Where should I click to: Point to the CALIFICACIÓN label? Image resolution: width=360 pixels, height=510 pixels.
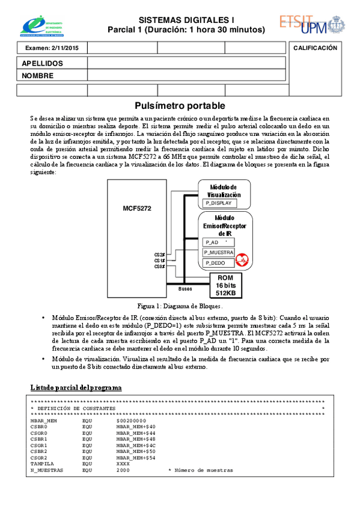tap(315, 48)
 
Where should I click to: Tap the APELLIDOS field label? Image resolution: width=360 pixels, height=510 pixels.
tap(42, 63)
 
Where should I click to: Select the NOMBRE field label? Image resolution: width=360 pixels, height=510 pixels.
tap(38, 76)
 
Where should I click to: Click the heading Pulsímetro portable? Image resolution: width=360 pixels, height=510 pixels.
tap(180, 105)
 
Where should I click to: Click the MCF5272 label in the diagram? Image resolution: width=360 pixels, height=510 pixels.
tap(137, 208)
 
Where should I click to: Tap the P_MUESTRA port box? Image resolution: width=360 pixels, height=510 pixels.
tap(219, 252)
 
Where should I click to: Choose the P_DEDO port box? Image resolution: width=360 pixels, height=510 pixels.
tap(215, 263)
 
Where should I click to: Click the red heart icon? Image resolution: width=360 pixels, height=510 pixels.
tap(243, 260)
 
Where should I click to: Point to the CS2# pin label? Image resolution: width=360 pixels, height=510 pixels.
tap(159, 255)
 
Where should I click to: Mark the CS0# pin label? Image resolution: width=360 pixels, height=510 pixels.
tap(159, 266)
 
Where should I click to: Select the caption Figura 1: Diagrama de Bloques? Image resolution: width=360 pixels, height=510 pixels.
tap(180, 306)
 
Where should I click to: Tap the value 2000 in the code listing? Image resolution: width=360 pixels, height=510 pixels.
tap(123, 470)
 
